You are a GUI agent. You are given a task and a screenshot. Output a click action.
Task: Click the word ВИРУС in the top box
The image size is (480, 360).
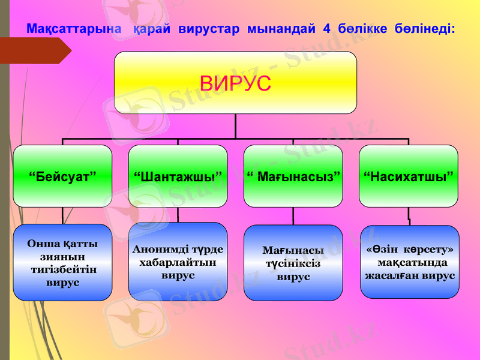point(235,83)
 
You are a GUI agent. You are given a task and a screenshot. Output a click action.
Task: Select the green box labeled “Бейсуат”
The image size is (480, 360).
point(63,176)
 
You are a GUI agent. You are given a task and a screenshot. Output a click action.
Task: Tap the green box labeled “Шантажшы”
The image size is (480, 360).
point(178,176)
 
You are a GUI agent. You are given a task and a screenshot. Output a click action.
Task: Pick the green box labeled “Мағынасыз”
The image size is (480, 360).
point(293,176)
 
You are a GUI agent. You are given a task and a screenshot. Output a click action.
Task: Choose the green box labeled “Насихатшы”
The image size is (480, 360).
point(408,176)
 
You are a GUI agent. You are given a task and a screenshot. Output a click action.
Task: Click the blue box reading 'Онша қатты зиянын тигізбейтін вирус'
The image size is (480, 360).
point(63,262)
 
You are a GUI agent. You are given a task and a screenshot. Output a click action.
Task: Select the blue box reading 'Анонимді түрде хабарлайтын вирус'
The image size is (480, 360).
point(178,262)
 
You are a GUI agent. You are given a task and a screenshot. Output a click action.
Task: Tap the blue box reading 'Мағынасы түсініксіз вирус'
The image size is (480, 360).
point(293,263)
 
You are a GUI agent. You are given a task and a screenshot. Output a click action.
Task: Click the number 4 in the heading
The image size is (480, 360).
point(326,28)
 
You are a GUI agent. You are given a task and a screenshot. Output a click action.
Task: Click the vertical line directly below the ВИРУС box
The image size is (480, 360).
point(235,126)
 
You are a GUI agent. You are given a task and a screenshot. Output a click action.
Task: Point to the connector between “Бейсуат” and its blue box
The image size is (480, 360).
point(63,215)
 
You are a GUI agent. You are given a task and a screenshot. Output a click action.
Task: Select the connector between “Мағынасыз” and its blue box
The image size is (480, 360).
point(293,216)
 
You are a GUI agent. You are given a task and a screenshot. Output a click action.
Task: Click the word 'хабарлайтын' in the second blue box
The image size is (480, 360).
point(178,262)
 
